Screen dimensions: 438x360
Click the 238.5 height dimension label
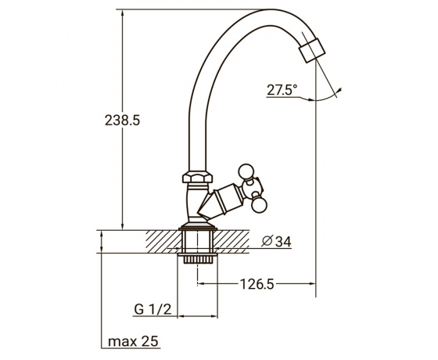(122, 121)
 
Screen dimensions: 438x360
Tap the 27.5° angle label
(282, 90)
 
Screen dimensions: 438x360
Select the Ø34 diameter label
(276, 242)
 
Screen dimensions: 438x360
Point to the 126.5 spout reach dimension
(257, 284)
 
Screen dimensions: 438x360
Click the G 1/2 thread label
(153, 309)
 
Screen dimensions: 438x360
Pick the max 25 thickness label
(133, 341)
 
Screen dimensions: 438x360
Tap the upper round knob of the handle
(246, 171)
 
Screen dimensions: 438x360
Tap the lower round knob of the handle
(258, 205)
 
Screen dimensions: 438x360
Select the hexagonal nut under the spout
(197, 177)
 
